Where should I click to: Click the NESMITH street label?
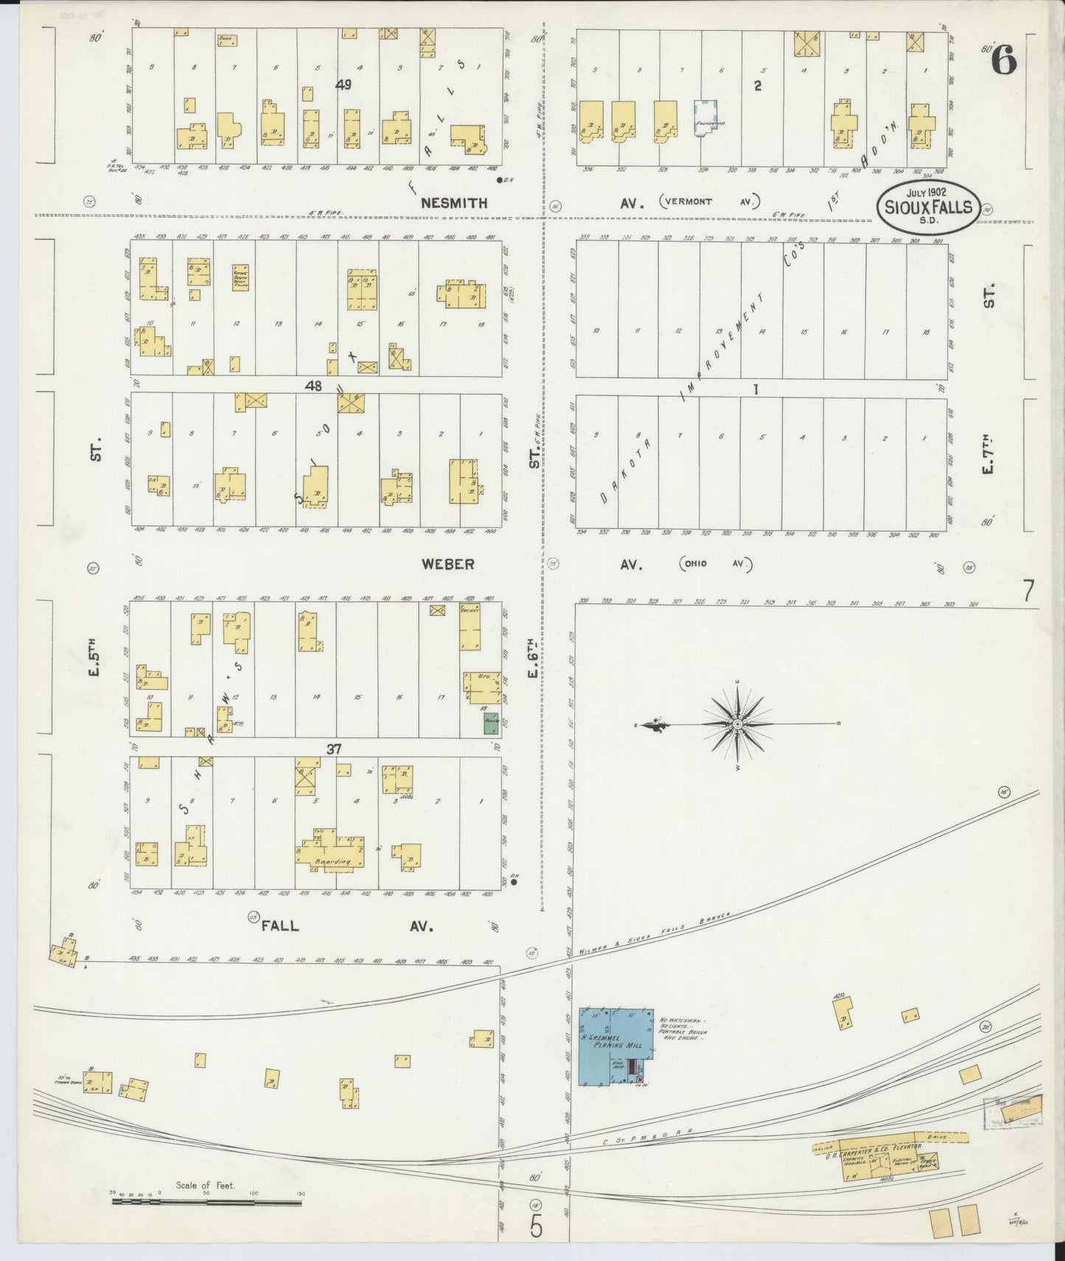pos(454,203)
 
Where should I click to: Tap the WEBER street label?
pos(447,564)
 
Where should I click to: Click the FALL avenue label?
pos(280,925)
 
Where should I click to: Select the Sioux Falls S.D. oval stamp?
pos(928,207)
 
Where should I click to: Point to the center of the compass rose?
pos(737,724)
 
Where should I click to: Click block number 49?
pos(343,85)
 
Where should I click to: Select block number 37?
pos(334,749)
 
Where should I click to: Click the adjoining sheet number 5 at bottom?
pos(536,1226)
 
